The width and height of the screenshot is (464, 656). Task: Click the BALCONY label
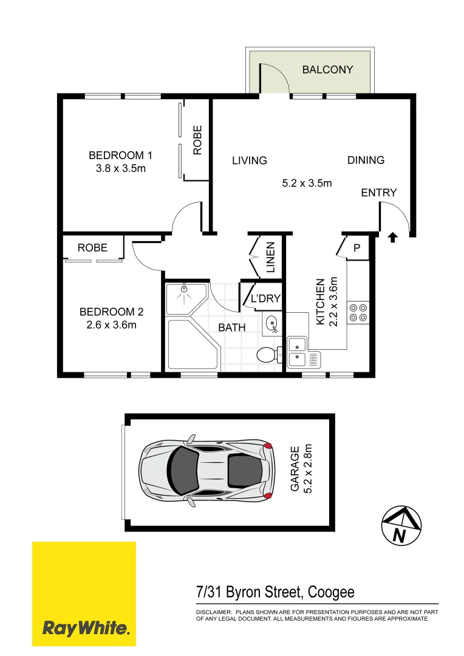[327, 70]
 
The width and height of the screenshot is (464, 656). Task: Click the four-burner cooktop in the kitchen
[358, 312]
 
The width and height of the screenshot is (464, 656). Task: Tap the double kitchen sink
[298, 352]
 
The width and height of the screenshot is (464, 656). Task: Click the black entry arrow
[392, 237]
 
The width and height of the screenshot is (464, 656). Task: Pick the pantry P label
[357, 248]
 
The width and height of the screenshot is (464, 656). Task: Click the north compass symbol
[401, 525]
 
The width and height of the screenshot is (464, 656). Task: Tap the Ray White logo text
[85, 627]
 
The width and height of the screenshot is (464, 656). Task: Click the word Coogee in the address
[331, 592]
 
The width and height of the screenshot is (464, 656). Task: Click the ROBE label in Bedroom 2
[92, 247]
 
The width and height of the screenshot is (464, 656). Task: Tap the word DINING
[366, 160]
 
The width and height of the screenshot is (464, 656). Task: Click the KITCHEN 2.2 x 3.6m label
[326, 301]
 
